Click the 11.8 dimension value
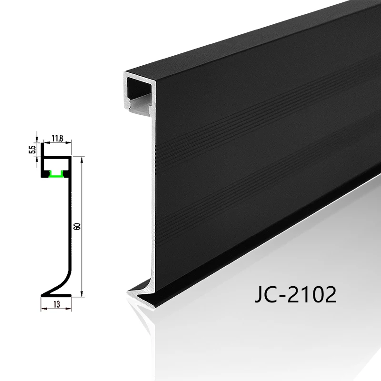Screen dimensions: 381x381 (57, 138)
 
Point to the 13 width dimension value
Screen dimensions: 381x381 (57, 304)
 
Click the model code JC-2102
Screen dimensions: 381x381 (295, 294)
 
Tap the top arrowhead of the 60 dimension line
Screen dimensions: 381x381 (82, 160)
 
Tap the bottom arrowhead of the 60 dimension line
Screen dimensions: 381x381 (82, 293)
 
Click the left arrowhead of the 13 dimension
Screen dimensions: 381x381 (44, 309)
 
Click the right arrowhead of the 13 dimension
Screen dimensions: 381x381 (68, 309)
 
